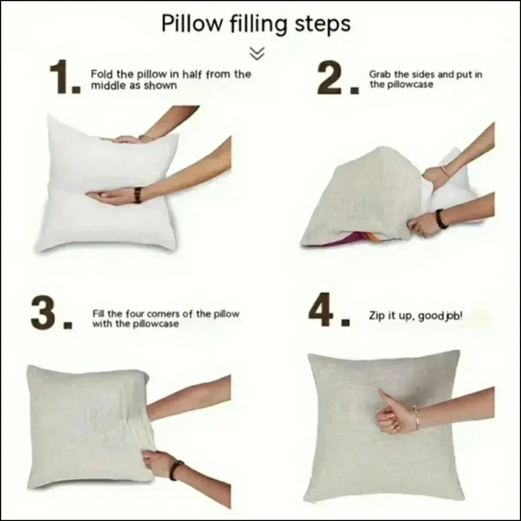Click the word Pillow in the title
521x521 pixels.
click(192, 23)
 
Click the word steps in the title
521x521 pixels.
click(322, 24)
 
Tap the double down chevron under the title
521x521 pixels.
click(257, 53)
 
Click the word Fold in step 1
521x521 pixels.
click(102, 74)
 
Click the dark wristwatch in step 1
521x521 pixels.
click(138, 195)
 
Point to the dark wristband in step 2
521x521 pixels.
click(441, 218)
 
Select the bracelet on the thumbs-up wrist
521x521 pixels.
click(416, 417)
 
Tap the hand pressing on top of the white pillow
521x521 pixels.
click(128, 140)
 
